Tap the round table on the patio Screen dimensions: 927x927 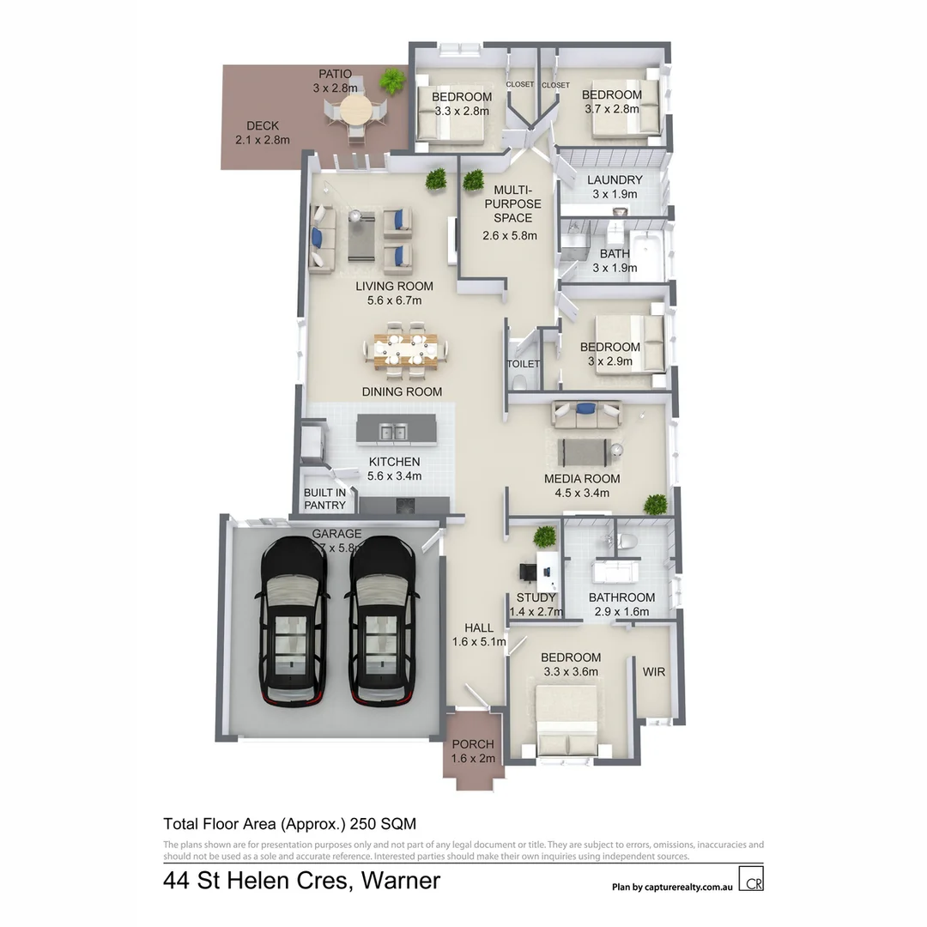point(354,111)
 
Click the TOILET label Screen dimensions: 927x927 point(524,364)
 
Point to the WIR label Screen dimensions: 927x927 point(654,672)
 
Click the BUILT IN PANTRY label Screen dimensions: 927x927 point(324,499)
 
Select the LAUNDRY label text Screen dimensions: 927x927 point(615,180)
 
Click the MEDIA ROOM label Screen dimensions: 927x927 point(582,479)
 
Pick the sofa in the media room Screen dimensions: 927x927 point(587,415)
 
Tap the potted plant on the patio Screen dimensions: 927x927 point(393,82)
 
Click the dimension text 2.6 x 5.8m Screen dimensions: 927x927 point(510,235)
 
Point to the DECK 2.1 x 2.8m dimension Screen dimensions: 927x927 point(262,140)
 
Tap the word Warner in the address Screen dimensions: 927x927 point(400,881)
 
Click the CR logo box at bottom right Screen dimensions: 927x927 point(752,882)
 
